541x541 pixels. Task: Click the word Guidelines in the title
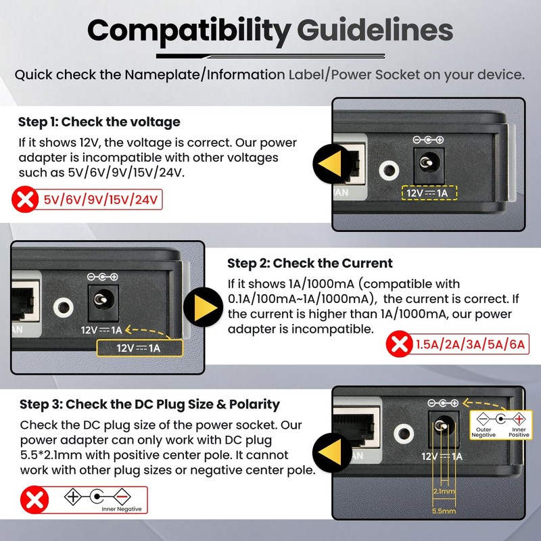pyautogui.click(x=375, y=30)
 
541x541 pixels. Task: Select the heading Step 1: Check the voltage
pyautogui.click(x=99, y=122)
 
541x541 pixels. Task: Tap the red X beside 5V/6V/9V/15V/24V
pyautogui.click(x=25, y=199)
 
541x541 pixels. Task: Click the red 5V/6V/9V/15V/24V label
pyautogui.click(x=100, y=199)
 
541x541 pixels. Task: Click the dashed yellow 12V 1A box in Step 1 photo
pyautogui.click(x=429, y=193)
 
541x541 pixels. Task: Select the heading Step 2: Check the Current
pyautogui.click(x=310, y=263)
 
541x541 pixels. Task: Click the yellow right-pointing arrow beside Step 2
pyautogui.click(x=204, y=308)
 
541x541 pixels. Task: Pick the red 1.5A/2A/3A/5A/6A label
pyautogui.click(x=470, y=344)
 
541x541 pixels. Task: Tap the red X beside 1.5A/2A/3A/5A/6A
pyautogui.click(x=399, y=344)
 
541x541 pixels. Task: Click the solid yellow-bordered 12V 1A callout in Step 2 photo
pyautogui.click(x=139, y=348)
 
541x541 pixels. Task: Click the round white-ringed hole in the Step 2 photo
pyautogui.click(x=64, y=307)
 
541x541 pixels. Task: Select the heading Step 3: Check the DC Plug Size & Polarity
pyautogui.click(x=149, y=404)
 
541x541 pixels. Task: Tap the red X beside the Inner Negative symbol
pyautogui.click(x=34, y=500)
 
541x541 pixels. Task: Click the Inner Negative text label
pyautogui.click(x=122, y=509)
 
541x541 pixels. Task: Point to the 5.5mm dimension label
pyautogui.click(x=444, y=511)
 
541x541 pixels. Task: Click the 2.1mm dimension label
pyautogui.click(x=444, y=491)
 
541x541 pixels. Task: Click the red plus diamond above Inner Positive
pyautogui.click(x=519, y=419)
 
